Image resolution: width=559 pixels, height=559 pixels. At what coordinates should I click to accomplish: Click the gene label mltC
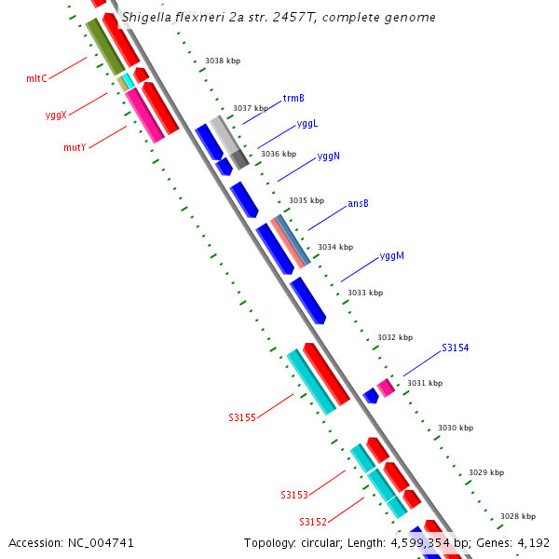click(x=36, y=79)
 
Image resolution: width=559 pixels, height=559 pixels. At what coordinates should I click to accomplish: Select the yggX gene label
click(x=56, y=116)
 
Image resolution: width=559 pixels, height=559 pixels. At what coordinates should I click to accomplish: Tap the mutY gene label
click(x=75, y=148)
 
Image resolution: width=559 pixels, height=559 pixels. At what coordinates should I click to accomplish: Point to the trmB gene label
click(x=293, y=98)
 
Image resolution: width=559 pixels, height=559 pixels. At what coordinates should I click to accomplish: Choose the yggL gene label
click(x=307, y=123)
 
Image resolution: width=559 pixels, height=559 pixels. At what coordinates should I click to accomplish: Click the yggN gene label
click(x=328, y=156)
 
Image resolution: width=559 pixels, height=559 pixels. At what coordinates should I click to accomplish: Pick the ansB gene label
click(x=358, y=203)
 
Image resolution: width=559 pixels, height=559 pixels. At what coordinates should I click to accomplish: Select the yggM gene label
click(x=391, y=256)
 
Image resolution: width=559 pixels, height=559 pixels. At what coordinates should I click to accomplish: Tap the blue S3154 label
click(x=455, y=348)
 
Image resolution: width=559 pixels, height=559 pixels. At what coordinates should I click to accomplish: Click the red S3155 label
click(x=242, y=417)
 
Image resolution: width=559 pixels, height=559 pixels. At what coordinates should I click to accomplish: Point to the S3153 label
click(x=294, y=495)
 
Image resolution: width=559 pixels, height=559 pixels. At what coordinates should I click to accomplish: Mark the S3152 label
click(x=313, y=522)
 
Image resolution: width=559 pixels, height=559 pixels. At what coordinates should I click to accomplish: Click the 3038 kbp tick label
click(x=223, y=61)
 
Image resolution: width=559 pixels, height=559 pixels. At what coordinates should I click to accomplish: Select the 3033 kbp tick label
click(x=365, y=293)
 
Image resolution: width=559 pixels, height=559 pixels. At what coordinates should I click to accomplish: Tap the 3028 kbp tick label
click(x=518, y=516)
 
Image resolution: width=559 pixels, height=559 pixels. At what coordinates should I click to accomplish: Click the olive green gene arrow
click(x=105, y=47)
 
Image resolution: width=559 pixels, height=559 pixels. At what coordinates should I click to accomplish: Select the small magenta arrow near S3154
click(x=386, y=388)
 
